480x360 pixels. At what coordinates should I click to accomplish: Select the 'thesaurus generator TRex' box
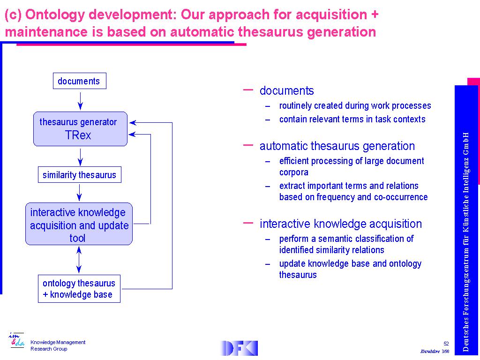[x=80, y=129]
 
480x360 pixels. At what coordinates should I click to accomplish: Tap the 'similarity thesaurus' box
[x=80, y=175]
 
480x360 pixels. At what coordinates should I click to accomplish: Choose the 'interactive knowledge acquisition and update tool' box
[x=79, y=224]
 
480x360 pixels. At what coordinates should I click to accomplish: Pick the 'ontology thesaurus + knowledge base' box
[x=79, y=289]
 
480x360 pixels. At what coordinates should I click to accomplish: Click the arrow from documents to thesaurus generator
[x=80, y=101]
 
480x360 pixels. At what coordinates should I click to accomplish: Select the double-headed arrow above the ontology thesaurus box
[x=79, y=260]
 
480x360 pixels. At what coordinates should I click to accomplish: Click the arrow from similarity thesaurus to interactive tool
[x=79, y=193]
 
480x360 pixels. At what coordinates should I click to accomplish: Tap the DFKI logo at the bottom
[x=239, y=348]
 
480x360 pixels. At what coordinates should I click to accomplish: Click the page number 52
[x=446, y=344]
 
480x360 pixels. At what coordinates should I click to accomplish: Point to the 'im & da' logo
[x=16, y=340]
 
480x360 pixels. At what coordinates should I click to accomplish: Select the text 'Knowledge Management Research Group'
[x=58, y=345]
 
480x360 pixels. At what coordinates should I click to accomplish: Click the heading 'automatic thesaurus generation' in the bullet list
[x=337, y=146]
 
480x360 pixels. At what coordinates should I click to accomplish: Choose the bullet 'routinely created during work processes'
[x=355, y=105]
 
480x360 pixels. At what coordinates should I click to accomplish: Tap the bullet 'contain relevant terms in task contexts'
[x=352, y=119]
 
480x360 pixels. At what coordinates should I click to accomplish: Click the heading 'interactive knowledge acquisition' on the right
[x=341, y=224]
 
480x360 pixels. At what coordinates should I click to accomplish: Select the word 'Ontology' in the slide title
[x=55, y=15]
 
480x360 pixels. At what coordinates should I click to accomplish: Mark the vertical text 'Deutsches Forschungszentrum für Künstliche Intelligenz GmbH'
[x=465, y=242]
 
